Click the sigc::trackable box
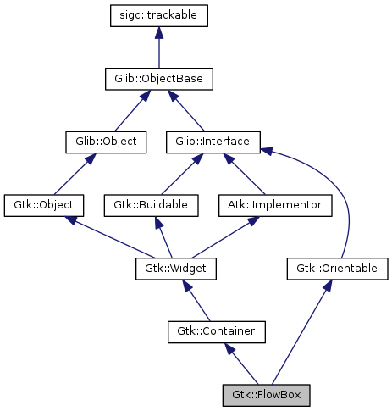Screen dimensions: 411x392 tap(159, 15)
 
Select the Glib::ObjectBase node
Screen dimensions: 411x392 tap(159, 79)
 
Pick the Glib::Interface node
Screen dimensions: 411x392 tap(213, 142)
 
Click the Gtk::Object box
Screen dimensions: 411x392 tap(44, 205)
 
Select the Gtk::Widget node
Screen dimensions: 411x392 tap(176, 269)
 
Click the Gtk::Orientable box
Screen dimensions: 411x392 tap(337, 269)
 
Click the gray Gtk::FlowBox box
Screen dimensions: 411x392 tap(266, 395)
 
